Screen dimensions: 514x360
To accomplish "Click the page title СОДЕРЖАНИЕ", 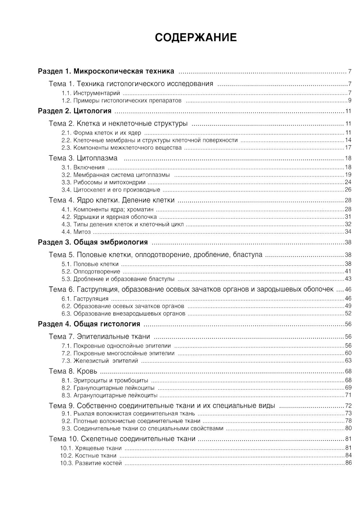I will coord(196,37).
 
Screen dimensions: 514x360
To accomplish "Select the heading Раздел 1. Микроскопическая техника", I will coord(106,71).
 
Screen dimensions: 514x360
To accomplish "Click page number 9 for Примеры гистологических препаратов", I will coord(349,100).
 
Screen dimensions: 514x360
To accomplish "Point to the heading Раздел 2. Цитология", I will coord(75,111).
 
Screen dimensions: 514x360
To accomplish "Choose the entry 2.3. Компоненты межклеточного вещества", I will coord(121,148).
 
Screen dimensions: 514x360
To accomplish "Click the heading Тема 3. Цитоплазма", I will coord(83,158).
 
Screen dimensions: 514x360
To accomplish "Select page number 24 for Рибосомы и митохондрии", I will coord(348,182).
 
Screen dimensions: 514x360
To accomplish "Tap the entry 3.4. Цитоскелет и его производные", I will coord(111,190).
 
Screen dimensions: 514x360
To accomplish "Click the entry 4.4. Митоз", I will coord(76,232).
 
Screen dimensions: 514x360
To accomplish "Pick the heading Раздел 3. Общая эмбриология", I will coord(93,242).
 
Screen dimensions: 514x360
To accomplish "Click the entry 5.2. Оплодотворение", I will coord(91,272).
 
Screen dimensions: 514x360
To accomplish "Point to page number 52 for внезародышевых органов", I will coord(348,314).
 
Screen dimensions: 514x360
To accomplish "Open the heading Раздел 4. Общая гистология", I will coord(89,324).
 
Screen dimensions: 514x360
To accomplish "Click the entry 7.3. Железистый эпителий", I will coord(100,361).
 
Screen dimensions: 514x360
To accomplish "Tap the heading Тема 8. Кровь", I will coord(73,371).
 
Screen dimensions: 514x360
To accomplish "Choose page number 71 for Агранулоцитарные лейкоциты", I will coord(348,395).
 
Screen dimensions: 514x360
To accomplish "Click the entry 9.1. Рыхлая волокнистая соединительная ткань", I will coord(128,414).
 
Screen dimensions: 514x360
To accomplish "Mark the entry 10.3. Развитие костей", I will coord(91,463).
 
